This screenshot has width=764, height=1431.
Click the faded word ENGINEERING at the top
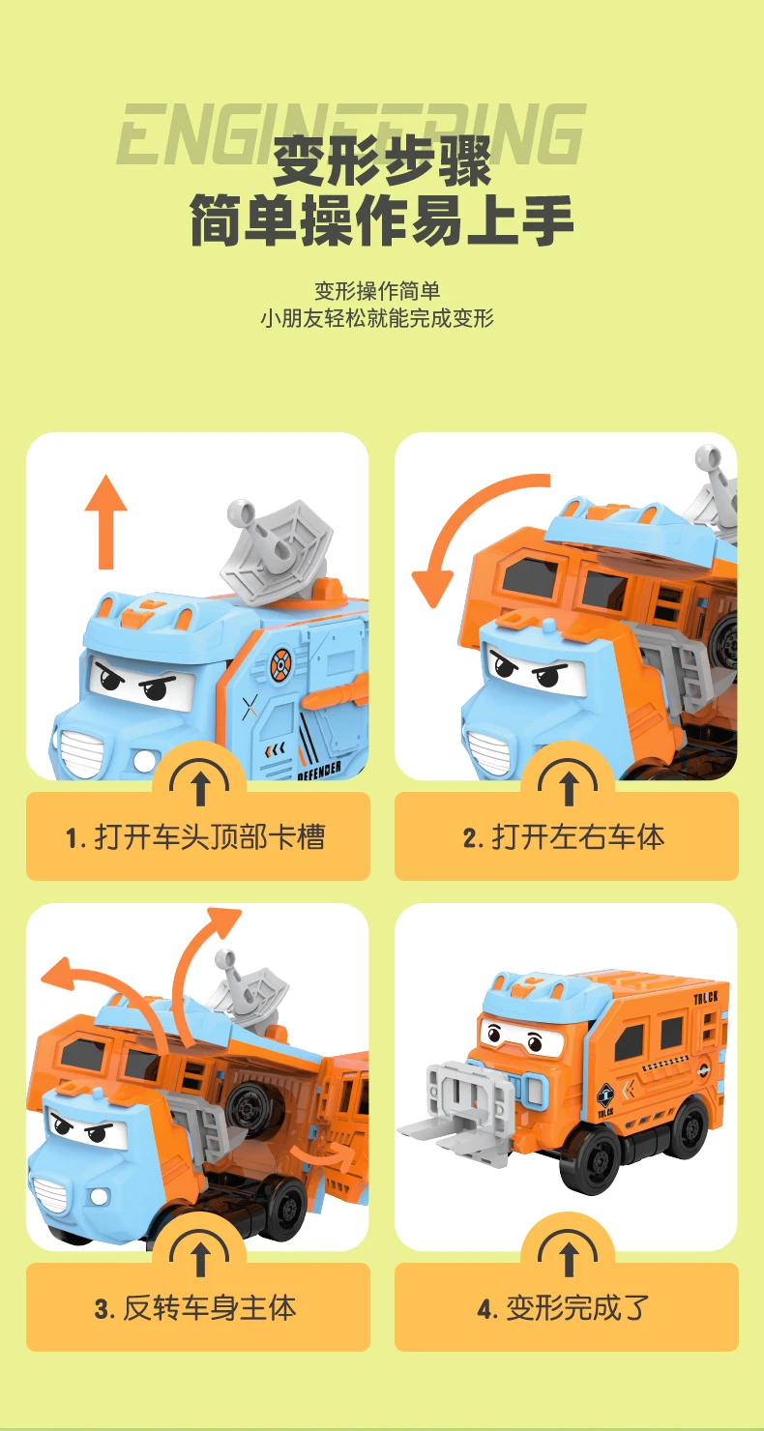click(x=351, y=134)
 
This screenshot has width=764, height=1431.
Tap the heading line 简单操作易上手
click(x=382, y=219)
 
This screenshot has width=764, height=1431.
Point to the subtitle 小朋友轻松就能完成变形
click(x=377, y=318)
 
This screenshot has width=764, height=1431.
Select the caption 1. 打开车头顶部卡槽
click(x=195, y=837)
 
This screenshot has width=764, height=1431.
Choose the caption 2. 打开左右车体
click(x=564, y=837)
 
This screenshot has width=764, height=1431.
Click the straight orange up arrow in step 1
click(x=106, y=520)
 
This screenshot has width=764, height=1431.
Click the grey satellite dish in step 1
click(x=276, y=545)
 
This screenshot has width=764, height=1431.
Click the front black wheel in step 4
click(x=594, y=1160)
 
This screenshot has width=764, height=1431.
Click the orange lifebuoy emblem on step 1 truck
click(x=280, y=664)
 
